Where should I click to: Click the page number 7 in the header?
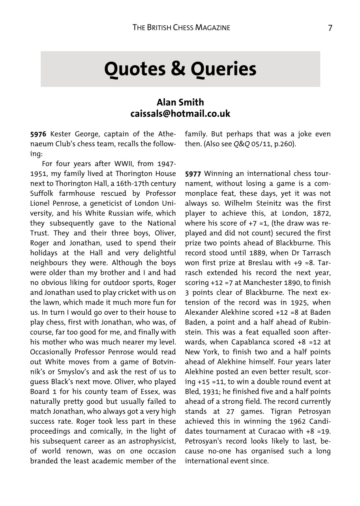point(330,28)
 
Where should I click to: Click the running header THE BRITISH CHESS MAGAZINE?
point(181,28)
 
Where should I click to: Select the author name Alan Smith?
point(180,103)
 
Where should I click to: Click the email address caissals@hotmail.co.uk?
point(180,114)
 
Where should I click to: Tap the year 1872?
point(321,213)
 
